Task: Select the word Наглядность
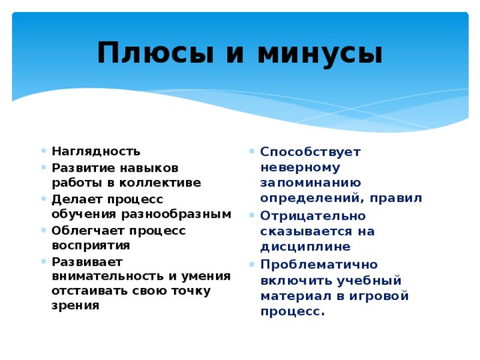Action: [x=95, y=150]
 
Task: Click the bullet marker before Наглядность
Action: [x=44, y=151]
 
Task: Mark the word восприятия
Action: [x=91, y=245]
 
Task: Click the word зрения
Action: [x=75, y=306]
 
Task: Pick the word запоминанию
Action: [x=310, y=182]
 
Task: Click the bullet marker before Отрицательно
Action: [x=252, y=215]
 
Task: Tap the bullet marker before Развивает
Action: [x=44, y=262]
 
